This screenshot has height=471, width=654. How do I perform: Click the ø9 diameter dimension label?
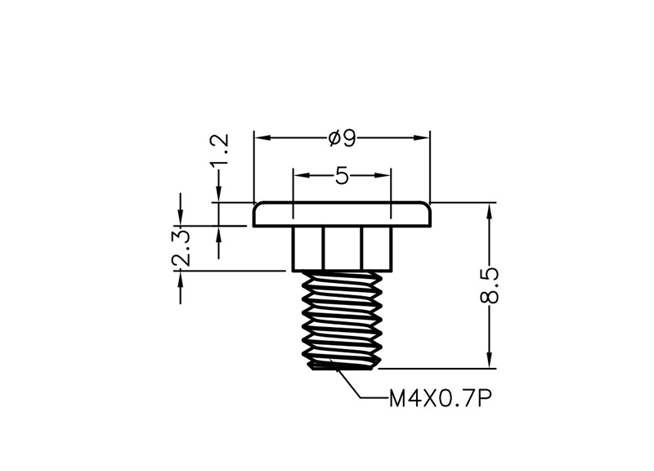click(x=342, y=138)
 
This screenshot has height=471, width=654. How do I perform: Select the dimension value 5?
click(x=342, y=176)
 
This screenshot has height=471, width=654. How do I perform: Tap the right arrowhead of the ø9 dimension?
click(x=421, y=137)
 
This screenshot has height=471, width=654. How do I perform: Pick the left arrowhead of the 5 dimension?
click(x=302, y=175)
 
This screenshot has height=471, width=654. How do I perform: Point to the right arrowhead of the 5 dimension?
click(x=382, y=175)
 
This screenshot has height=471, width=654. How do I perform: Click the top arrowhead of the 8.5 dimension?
click(x=490, y=211)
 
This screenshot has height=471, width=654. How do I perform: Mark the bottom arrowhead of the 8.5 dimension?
click(x=490, y=360)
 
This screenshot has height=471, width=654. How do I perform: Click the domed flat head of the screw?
click(x=342, y=214)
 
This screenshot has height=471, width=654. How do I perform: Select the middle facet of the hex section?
click(x=342, y=249)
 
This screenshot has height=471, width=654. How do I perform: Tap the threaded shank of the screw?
click(x=342, y=320)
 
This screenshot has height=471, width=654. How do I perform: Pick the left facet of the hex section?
click(x=307, y=249)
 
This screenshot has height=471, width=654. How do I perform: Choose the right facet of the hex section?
click(x=377, y=249)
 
